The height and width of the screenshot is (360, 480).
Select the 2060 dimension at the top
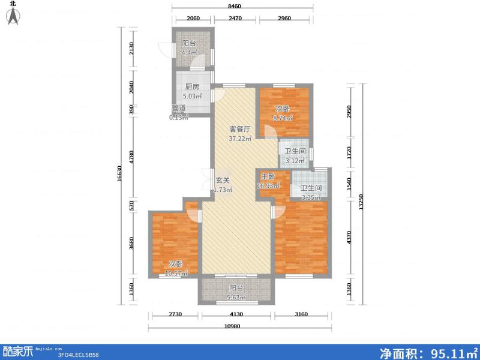tap(193, 19)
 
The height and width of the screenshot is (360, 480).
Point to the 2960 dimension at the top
tap(284, 19)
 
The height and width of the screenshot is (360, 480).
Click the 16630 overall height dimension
tap(119, 174)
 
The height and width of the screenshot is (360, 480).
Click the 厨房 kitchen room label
tap(192, 86)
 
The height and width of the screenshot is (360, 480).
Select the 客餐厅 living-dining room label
tap(239, 129)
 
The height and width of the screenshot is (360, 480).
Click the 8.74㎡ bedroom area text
tap(283, 118)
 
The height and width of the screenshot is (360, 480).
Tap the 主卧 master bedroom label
tap(267, 176)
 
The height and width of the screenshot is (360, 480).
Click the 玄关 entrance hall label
tap(223, 180)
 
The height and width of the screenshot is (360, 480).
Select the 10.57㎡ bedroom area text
tap(176, 273)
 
